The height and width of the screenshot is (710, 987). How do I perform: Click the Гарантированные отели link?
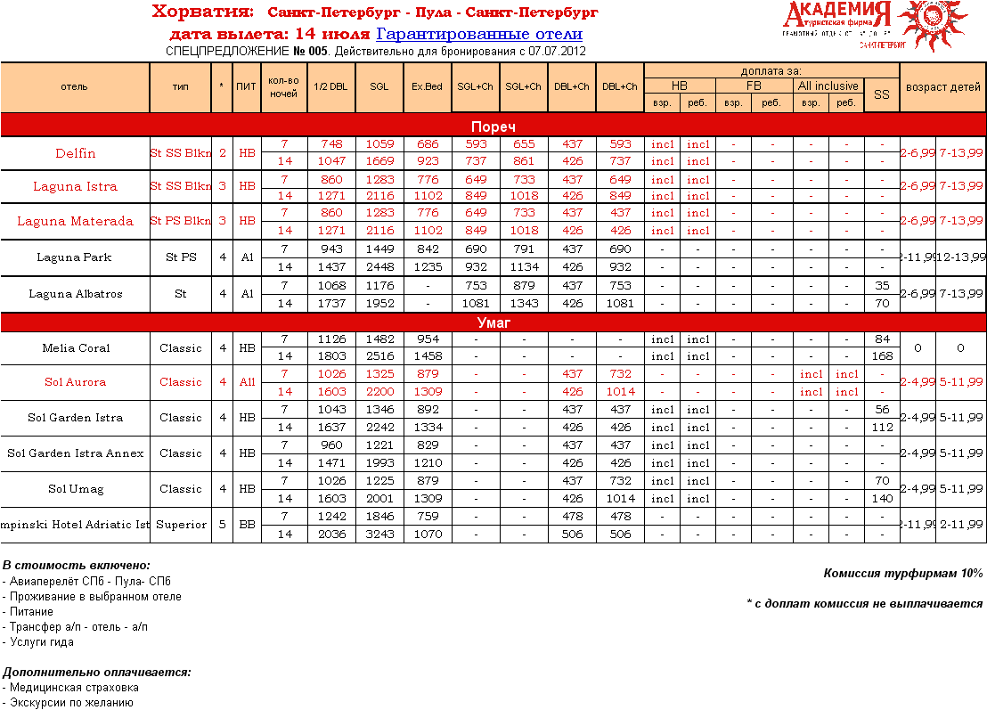(x=479, y=34)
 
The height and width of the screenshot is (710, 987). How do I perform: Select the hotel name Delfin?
(x=75, y=153)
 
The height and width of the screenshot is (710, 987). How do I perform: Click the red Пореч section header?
(x=493, y=126)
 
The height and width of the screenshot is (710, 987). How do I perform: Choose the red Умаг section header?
(x=493, y=322)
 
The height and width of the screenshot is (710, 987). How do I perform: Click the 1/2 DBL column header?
(x=331, y=86)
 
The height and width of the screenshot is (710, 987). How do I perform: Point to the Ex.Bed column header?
(x=427, y=86)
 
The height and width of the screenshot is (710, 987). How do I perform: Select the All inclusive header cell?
(x=828, y=86)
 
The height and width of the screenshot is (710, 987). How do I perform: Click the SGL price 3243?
(x=379, y=535)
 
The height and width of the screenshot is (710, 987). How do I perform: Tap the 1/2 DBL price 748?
(x=331, y=143)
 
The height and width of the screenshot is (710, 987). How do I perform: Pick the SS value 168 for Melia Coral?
(x=881, y=356)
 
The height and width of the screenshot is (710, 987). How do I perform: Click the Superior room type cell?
(x=181, y=525)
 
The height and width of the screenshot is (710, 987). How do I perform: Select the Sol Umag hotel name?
(x=75, y=489)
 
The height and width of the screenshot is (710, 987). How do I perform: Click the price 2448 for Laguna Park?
(x=379, y=267)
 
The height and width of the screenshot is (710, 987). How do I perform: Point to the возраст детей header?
(x=942, y=87)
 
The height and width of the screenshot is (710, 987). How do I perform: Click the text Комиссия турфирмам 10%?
(x=902, y=574)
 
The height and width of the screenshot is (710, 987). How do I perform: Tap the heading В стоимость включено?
(x=77, y=566)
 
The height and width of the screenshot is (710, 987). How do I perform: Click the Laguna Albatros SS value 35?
(x=881, y=286)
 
